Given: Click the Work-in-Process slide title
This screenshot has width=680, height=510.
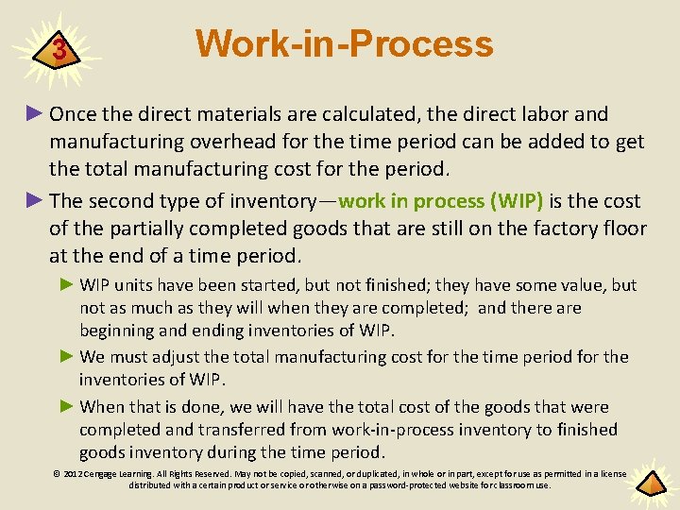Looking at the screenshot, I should tap(344, 43).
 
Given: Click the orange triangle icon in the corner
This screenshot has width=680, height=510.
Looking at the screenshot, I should tap(651, 483).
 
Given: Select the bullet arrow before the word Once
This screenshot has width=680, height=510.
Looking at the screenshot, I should tap(35, 114).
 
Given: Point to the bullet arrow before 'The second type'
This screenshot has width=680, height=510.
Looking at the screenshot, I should tap(35, 201).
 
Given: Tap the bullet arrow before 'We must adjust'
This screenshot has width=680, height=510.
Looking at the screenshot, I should tap(67, 357).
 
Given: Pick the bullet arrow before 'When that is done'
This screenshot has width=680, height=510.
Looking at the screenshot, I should tap(67, 407).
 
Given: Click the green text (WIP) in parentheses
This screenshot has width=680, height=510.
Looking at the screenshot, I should tap(515, 201).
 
